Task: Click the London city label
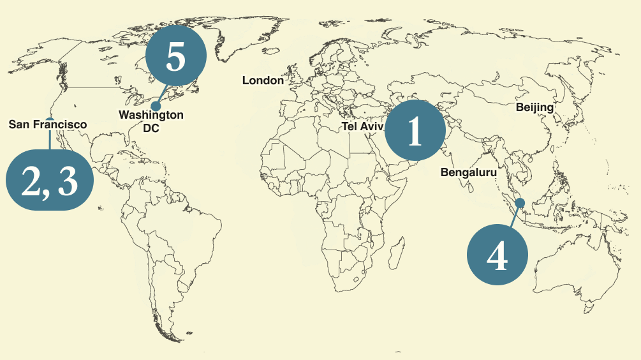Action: click(263, 80)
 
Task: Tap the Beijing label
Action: click(534, 107)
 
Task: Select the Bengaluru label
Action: click(468, 172)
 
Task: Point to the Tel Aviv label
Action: click(362, 126)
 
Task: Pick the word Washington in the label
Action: click(151, 115)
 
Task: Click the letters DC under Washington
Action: click(151, 128)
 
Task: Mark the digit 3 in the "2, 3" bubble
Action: click(68, 181)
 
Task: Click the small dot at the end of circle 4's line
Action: click(520, 203)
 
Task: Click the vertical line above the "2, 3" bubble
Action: click(49, 137)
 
